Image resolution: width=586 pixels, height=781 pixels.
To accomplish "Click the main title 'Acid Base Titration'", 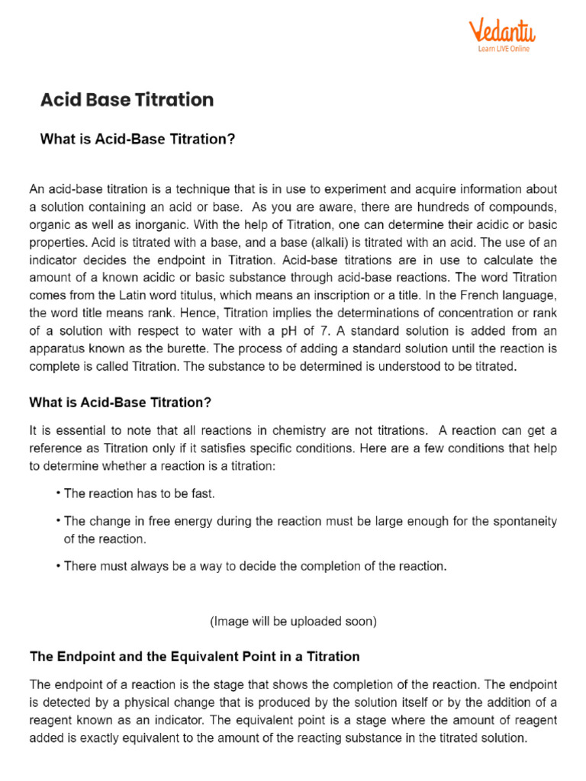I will point(127,100).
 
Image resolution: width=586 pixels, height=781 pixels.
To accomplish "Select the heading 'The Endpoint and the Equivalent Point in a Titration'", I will point(195,656).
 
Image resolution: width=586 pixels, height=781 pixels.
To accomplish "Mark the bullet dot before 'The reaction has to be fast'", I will point(58,493).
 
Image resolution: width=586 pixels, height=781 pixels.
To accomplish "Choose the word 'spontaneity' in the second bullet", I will point(526,522).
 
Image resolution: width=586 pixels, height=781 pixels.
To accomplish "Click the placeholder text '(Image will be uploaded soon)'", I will point(293,622).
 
